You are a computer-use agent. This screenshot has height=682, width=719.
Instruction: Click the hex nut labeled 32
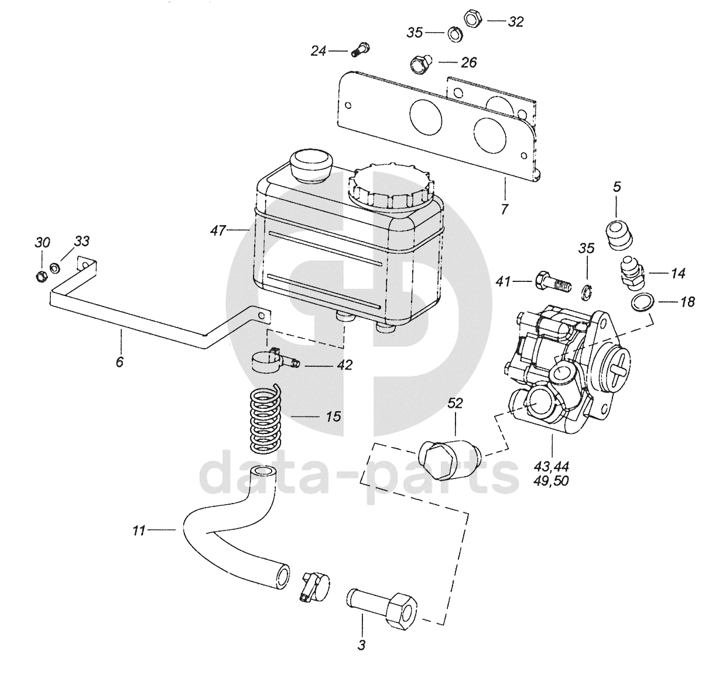[474, 19]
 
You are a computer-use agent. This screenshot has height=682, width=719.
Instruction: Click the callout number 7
[505, 209]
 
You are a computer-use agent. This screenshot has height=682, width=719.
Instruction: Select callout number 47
[218, 230]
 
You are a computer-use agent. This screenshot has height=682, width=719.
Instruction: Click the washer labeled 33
[55, 268]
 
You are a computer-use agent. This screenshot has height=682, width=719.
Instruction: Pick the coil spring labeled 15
[265, 419]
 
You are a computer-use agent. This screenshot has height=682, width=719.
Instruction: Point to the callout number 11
[139, 531]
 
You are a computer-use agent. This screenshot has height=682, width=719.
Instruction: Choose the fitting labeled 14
[634, 273]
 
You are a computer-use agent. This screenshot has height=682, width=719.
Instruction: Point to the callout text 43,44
[552, 467]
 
